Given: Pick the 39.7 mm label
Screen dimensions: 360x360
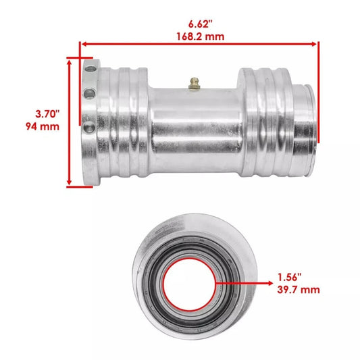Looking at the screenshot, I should [298, 290].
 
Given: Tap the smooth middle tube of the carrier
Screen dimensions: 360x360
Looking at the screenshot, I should [195, 125].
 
